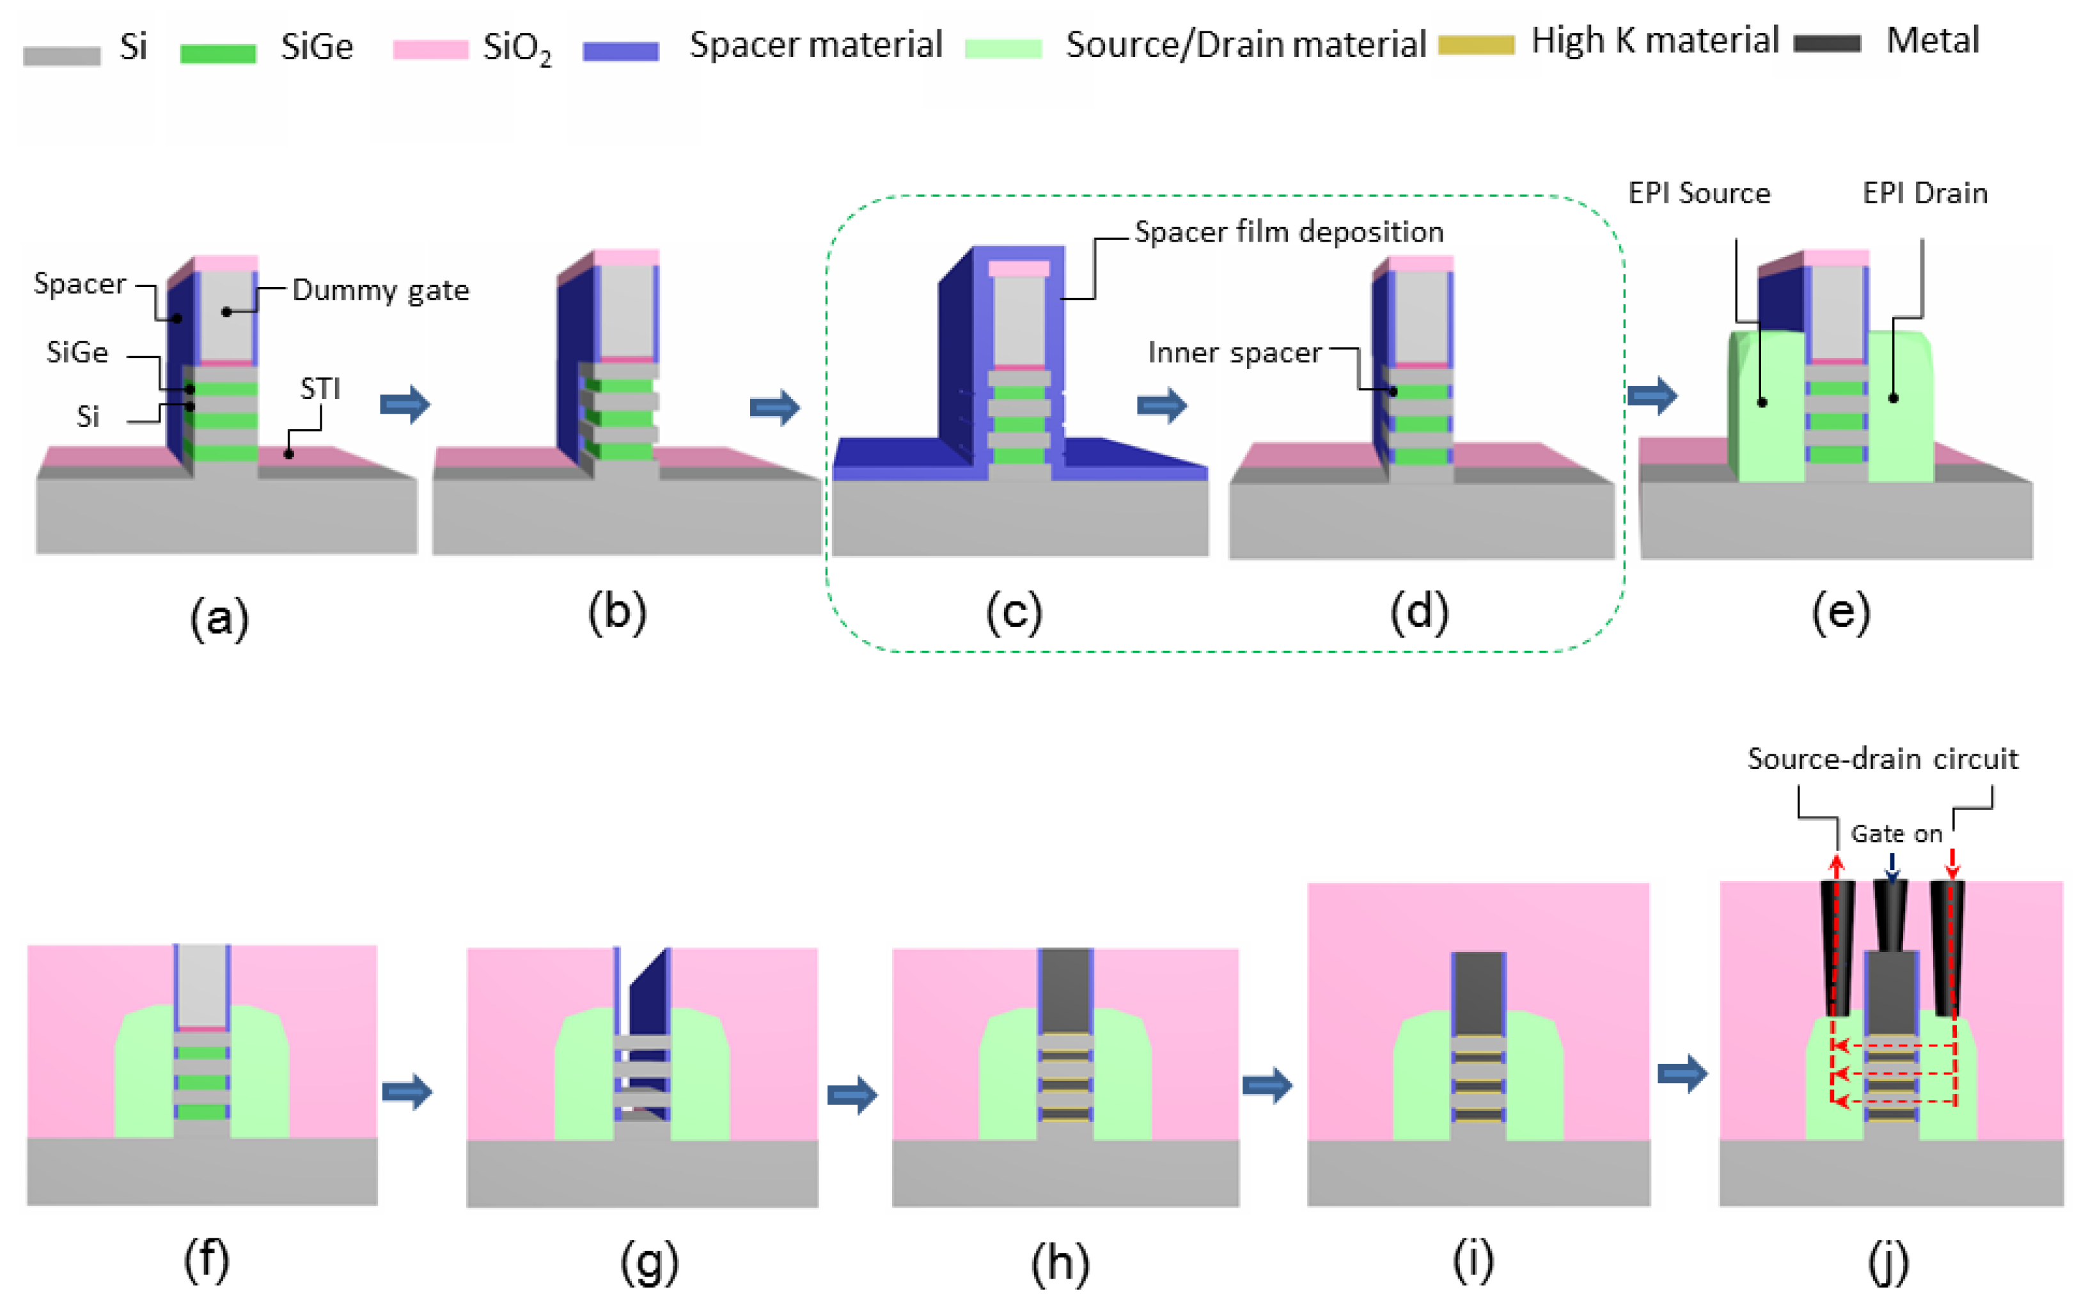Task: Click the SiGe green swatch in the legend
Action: [217, 53]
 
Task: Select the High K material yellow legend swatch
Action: [1475, 45]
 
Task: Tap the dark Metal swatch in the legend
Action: [1826, 43]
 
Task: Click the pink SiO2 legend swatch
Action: [430, 49]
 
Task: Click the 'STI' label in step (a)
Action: [320, 389]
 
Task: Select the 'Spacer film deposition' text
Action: [1289, 232]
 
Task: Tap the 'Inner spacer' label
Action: [1234, 353]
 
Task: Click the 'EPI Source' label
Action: [1698, 193]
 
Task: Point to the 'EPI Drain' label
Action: [1924, 193]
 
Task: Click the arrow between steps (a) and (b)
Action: [405, 404]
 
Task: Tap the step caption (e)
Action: [1840, 612]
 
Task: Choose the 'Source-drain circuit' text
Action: [1882, 759]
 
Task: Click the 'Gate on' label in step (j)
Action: [1895, 834]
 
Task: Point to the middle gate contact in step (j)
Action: [1890, 917]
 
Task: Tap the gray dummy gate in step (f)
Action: [201, 985]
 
